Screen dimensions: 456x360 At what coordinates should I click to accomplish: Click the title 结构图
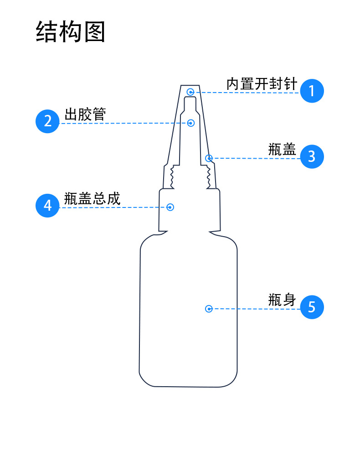coord(71,32)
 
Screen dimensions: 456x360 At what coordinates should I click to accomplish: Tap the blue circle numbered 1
coord(312,91)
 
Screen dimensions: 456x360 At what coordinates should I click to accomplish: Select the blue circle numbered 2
coord(48,121)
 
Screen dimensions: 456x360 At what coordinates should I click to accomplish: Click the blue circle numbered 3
coord(312,156)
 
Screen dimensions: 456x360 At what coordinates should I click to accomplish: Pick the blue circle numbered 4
coord(48,206)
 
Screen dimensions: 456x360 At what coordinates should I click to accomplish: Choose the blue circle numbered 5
coord(312,307)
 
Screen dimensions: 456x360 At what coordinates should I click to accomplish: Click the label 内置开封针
coord(262,84)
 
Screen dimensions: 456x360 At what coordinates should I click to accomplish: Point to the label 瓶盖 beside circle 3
coord(282,150)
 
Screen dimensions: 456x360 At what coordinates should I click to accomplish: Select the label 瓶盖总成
coord(92,199)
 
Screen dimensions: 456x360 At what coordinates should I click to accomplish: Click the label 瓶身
coord(282,300)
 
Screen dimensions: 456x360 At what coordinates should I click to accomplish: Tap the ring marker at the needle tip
coord(190,92)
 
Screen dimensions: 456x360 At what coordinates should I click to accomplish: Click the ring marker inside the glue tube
coord(191,123)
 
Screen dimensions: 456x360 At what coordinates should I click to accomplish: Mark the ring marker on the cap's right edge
coord(209,158)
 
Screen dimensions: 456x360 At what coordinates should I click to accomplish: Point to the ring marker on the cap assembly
coord(170,207)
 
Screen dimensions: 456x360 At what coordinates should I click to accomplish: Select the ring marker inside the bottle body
coord(209,309)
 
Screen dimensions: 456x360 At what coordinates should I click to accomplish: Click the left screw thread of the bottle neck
coord(172,177)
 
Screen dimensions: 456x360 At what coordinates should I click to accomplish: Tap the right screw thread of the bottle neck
coord(209,177)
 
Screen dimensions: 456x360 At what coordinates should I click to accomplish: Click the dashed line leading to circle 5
coord(255,309)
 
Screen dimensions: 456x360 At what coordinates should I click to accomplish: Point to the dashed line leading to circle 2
coord(123,123)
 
